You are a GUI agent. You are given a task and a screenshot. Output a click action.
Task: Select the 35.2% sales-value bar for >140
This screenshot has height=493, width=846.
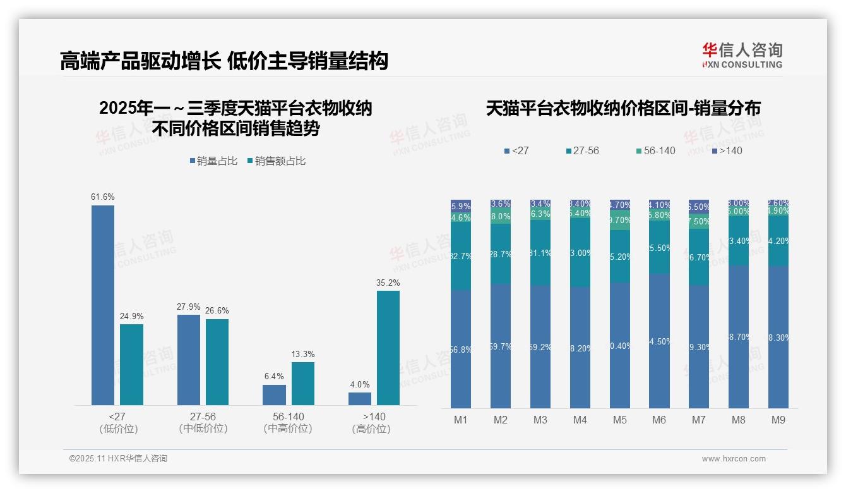coord(388,348)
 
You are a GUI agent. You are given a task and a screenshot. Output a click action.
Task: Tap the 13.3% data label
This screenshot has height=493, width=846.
coord(303,354)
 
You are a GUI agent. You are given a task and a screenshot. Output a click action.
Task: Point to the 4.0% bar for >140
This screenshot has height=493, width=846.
coord(360,398)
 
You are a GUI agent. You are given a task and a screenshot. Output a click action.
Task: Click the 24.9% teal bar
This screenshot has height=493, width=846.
coord(131,364)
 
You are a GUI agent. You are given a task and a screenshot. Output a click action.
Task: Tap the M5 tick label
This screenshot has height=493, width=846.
coord(619,420)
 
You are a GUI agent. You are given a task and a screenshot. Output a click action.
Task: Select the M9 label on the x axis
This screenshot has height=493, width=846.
coord(778,420)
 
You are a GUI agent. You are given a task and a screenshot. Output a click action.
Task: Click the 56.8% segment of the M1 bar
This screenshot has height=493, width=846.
coord(461,349)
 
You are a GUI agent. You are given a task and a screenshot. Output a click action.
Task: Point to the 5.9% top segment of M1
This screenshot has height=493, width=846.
coord(461,205)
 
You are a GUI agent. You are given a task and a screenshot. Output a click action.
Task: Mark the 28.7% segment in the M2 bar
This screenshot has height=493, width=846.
coord(501,253)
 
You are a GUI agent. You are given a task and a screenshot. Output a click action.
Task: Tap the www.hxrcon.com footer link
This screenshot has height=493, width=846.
coord(734,459)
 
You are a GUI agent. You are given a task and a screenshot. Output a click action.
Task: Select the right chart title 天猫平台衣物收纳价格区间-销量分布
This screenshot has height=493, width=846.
coord(623,108)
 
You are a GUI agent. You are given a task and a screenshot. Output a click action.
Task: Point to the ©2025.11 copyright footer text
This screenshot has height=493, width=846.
coord(118,459)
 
